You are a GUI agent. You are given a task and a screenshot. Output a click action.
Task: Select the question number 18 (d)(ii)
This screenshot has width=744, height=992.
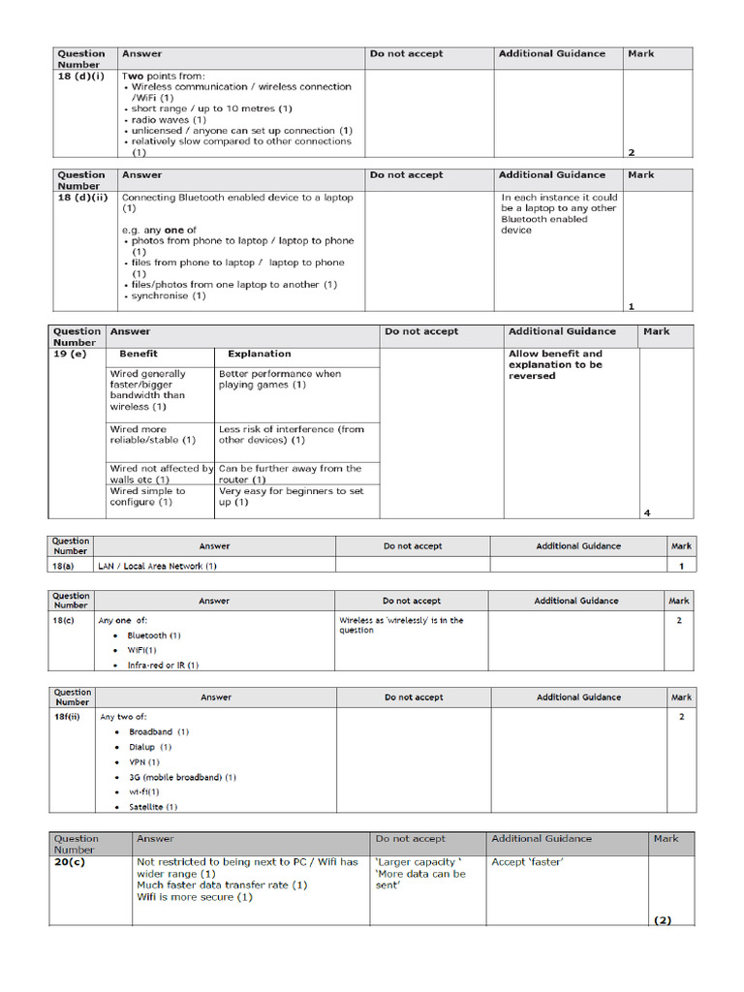tap(81, 198)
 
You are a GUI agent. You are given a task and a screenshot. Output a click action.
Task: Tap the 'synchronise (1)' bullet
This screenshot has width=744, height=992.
tap(168, 295)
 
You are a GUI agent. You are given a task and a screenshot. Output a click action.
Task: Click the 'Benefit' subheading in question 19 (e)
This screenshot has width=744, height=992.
tap(138, 355)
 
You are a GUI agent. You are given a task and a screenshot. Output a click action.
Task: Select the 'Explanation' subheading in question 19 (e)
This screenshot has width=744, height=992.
tap(259, 355)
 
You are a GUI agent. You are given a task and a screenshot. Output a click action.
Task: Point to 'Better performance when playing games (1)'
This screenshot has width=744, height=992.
tap(280, 379)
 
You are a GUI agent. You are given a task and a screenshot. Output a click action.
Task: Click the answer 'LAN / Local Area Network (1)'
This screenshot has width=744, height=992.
tap(157, 566)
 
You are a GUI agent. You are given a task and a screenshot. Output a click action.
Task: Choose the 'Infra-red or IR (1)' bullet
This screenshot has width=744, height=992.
tap(162, 666)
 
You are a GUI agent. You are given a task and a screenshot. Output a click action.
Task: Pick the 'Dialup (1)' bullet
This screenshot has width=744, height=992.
tap(150, 747)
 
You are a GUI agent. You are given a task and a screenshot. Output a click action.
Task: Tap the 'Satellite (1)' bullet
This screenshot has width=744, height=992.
tap(153, 806)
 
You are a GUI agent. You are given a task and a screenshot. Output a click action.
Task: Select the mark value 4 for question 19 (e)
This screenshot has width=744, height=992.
tap(646, 512)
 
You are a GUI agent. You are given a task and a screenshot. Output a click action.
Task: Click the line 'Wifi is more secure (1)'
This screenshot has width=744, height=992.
tap(194, 897)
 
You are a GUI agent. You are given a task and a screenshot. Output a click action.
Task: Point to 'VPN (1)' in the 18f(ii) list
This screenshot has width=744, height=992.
tap(144, 762)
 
